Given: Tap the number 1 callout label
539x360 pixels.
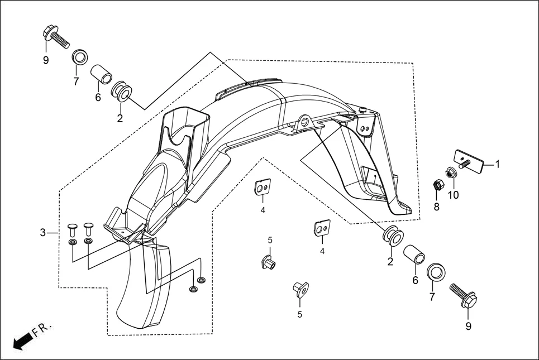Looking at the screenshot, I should pyautogui.click(x=497, y=164).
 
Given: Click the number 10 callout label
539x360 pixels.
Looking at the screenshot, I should pyautogui.click(x=452, y=195).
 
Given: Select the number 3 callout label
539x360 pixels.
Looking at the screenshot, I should pyautogui.click(x=42, y=232).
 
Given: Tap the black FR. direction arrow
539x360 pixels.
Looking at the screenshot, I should pyautogui.click(x=21, y=341).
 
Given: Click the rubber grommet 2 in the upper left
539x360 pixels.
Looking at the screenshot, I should pyautogui.click(x=122, y=91).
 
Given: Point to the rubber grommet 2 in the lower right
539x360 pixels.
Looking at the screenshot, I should pyautogui.click(x=390, y=237).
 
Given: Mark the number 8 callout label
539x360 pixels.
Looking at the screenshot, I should pyautogui.click(x=437, y=207).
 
